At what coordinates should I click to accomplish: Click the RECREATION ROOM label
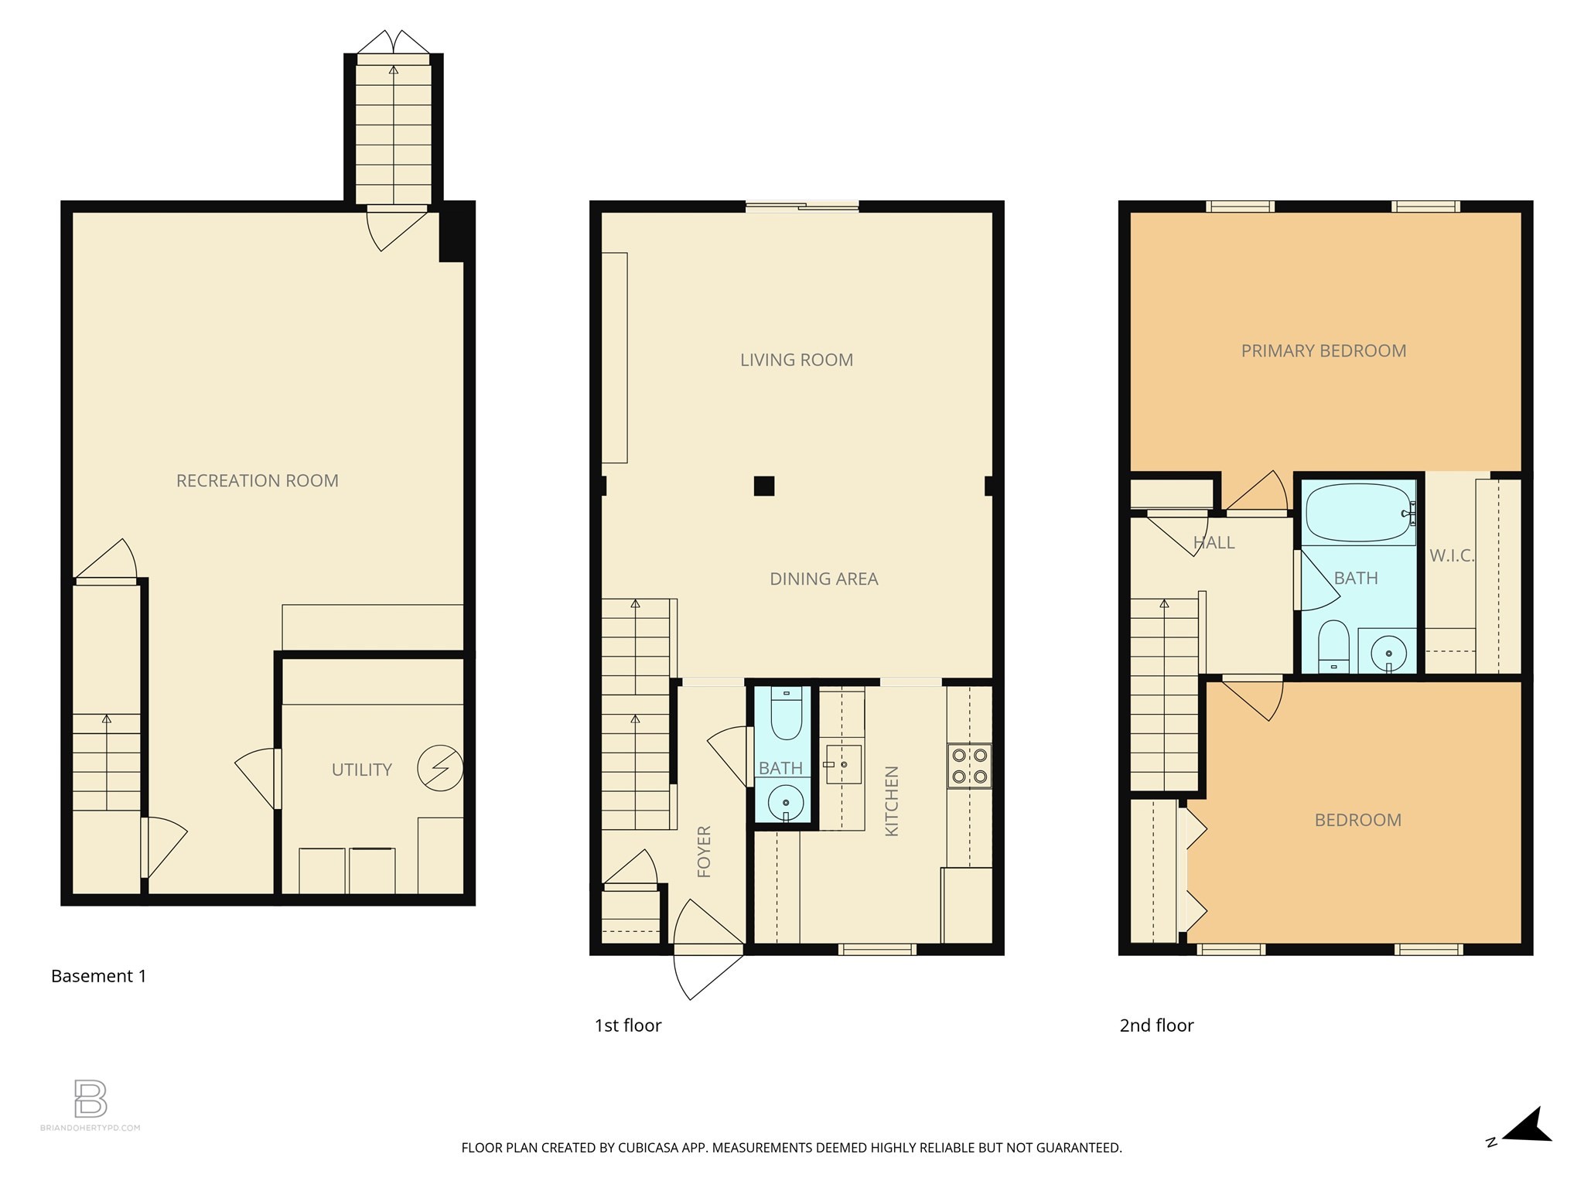[257, 481]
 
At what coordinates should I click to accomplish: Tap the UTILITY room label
[361, 770]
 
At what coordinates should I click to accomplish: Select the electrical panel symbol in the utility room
[440, 768]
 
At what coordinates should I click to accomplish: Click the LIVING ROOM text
[796, 360]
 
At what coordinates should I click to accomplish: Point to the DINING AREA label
[823, 579]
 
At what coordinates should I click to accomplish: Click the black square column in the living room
[764, 486]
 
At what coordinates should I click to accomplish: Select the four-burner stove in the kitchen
[969, 766]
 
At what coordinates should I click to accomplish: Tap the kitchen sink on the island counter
[843, 764]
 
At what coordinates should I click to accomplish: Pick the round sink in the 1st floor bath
[786, 802]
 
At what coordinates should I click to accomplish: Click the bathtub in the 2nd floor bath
[1360, 512]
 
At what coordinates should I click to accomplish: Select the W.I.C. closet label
[1451, 555]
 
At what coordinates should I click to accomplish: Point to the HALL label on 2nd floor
[1214, 543]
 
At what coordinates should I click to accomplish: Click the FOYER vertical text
[704, 852]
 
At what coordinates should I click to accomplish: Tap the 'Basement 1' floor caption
[98, 976]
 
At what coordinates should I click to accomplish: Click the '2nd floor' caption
[1156, 1026]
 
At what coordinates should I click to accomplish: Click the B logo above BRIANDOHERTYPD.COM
[90, 1098]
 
